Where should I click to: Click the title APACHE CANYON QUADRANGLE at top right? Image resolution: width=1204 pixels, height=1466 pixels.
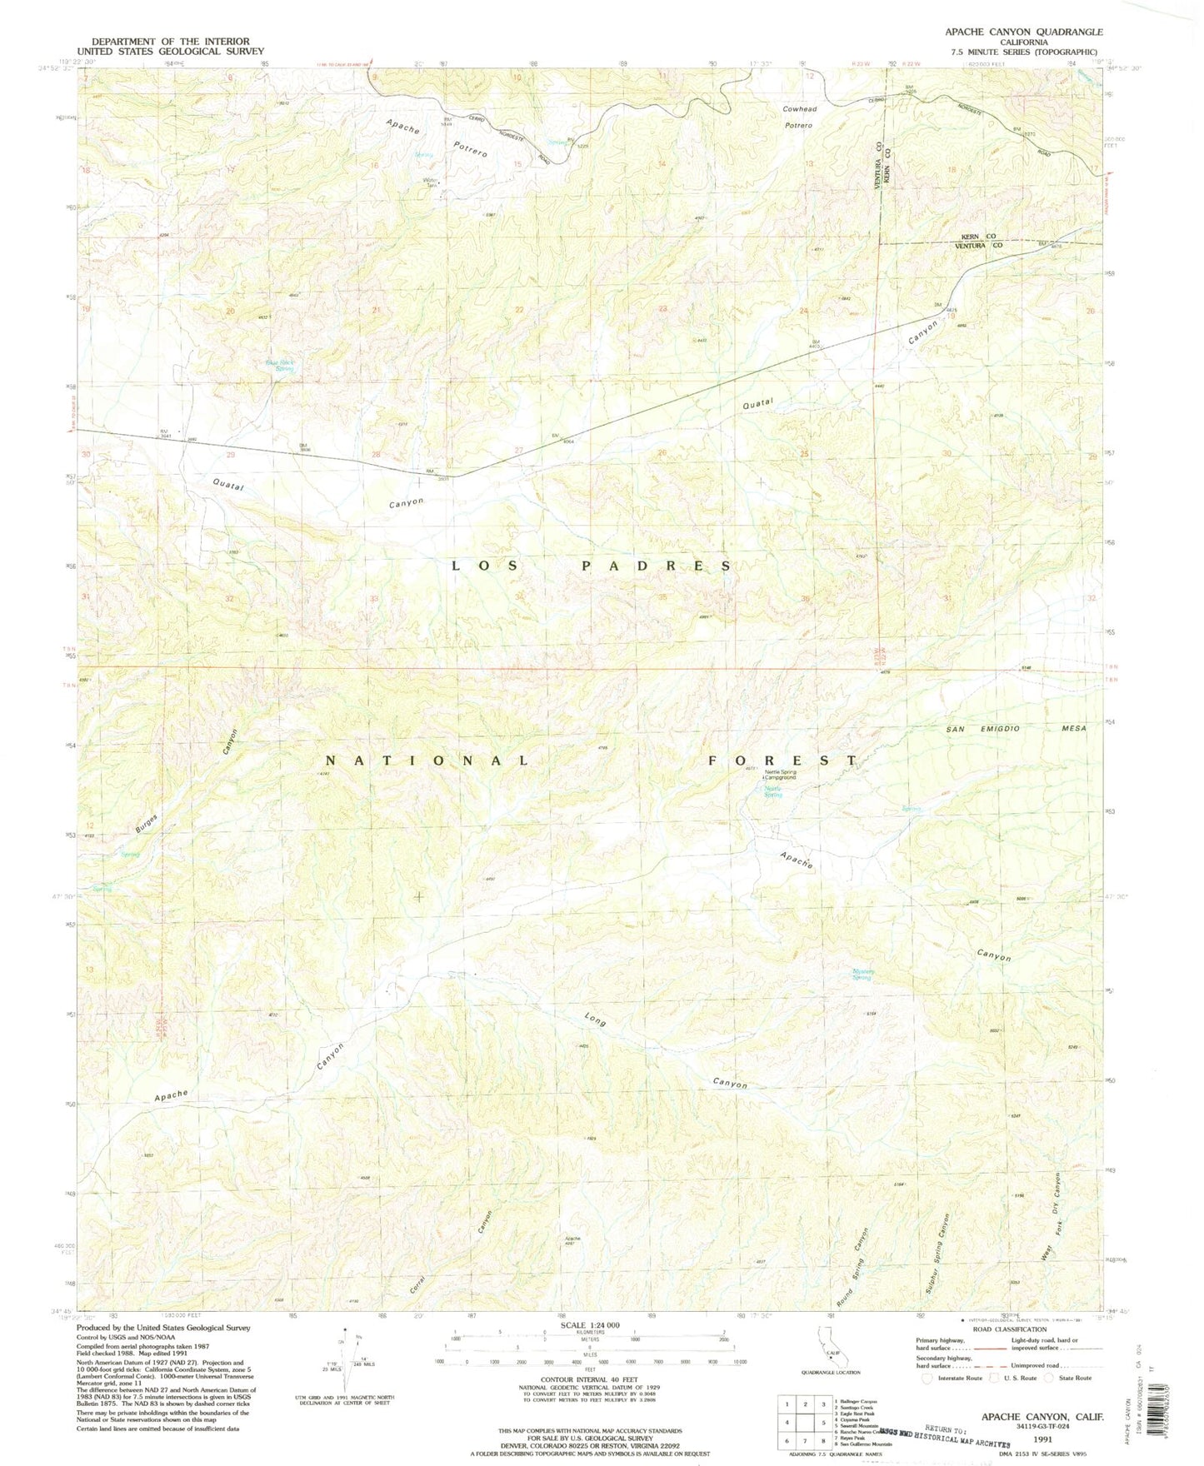1023,32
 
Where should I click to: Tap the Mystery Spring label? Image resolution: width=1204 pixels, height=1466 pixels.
862,974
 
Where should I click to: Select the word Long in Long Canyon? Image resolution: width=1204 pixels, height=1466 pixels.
595,1020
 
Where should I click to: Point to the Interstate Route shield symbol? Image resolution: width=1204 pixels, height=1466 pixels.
927,1378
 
